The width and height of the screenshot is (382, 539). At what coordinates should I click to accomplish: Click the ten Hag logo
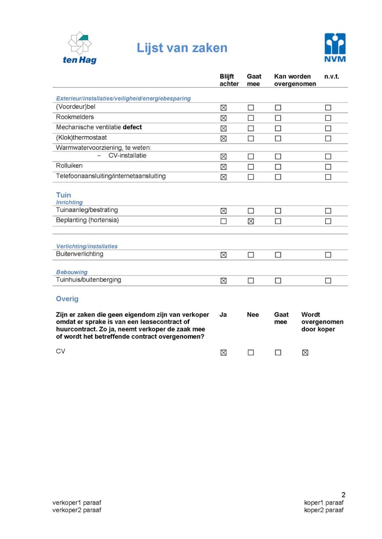point(80,48)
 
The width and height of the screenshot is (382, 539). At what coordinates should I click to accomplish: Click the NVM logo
point(335,48)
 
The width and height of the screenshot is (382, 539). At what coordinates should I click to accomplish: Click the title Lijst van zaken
point(182,48)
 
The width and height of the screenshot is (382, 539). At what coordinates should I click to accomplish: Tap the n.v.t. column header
point(332,77)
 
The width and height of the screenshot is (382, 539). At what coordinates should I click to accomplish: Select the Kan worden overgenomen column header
point(295,80)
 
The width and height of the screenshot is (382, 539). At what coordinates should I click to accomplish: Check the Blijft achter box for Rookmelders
point(223,118)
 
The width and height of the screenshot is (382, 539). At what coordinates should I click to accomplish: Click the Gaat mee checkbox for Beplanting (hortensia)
point(251,221)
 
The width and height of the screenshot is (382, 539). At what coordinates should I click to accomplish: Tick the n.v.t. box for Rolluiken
point(328,167)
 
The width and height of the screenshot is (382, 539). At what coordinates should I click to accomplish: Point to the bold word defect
point(132,128)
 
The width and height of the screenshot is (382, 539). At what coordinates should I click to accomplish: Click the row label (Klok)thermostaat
point(81,138)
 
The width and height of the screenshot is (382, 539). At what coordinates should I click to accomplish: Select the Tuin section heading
point(63,195)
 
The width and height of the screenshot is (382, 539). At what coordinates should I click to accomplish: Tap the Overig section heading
point(67,299)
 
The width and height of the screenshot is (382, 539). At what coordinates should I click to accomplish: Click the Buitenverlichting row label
point(80,254)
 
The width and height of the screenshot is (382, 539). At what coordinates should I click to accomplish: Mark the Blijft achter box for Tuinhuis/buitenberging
point(223,281)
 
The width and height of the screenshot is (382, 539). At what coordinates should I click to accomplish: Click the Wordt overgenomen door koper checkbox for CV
point(305,353)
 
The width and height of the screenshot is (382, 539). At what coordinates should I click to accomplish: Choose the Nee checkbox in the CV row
point(251,353)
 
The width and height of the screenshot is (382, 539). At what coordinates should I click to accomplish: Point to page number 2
point(343,495)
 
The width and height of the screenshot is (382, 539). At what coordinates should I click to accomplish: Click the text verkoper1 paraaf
point(76,502)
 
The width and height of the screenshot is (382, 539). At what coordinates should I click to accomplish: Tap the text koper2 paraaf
point(324,510)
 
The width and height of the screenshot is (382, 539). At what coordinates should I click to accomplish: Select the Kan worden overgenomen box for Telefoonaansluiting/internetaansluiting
point(278,177)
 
